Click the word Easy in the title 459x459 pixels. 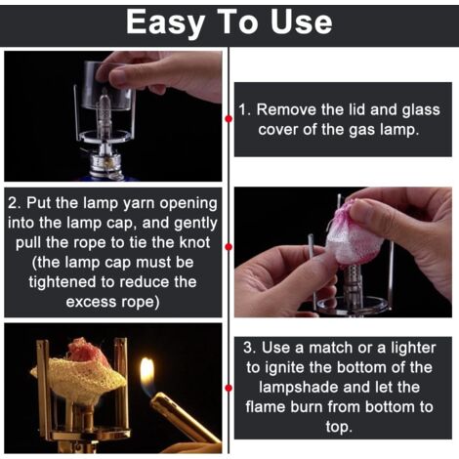pyautogui.click(x=165, y=22)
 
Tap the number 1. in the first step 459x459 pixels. pyautogui.click(x=245, y=109)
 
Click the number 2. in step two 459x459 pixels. pyautogui.click(x=15, y=203)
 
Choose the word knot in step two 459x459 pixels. pyautogui.click(x=194, y=243)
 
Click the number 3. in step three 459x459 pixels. pyautogui.click(x=250, y=348)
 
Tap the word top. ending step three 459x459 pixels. pyautogui.click(x=339, y=428)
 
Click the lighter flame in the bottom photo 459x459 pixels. pyautogui.click(x=147, y=375)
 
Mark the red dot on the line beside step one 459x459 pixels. pyautogui.click(x=229, y=119)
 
